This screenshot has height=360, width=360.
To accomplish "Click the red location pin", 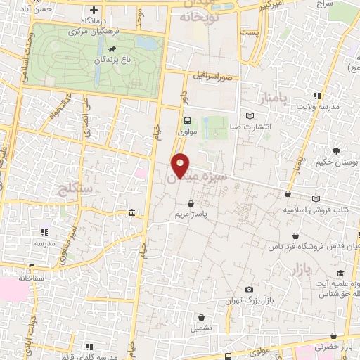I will pos(181,165).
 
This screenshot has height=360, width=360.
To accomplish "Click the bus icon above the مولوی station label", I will pos(186,120).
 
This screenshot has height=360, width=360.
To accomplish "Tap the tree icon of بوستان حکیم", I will pos(336,150).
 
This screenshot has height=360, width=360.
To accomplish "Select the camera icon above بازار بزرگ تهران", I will pos(248,290).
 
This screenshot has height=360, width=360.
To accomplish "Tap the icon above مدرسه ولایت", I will pos(318,96).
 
